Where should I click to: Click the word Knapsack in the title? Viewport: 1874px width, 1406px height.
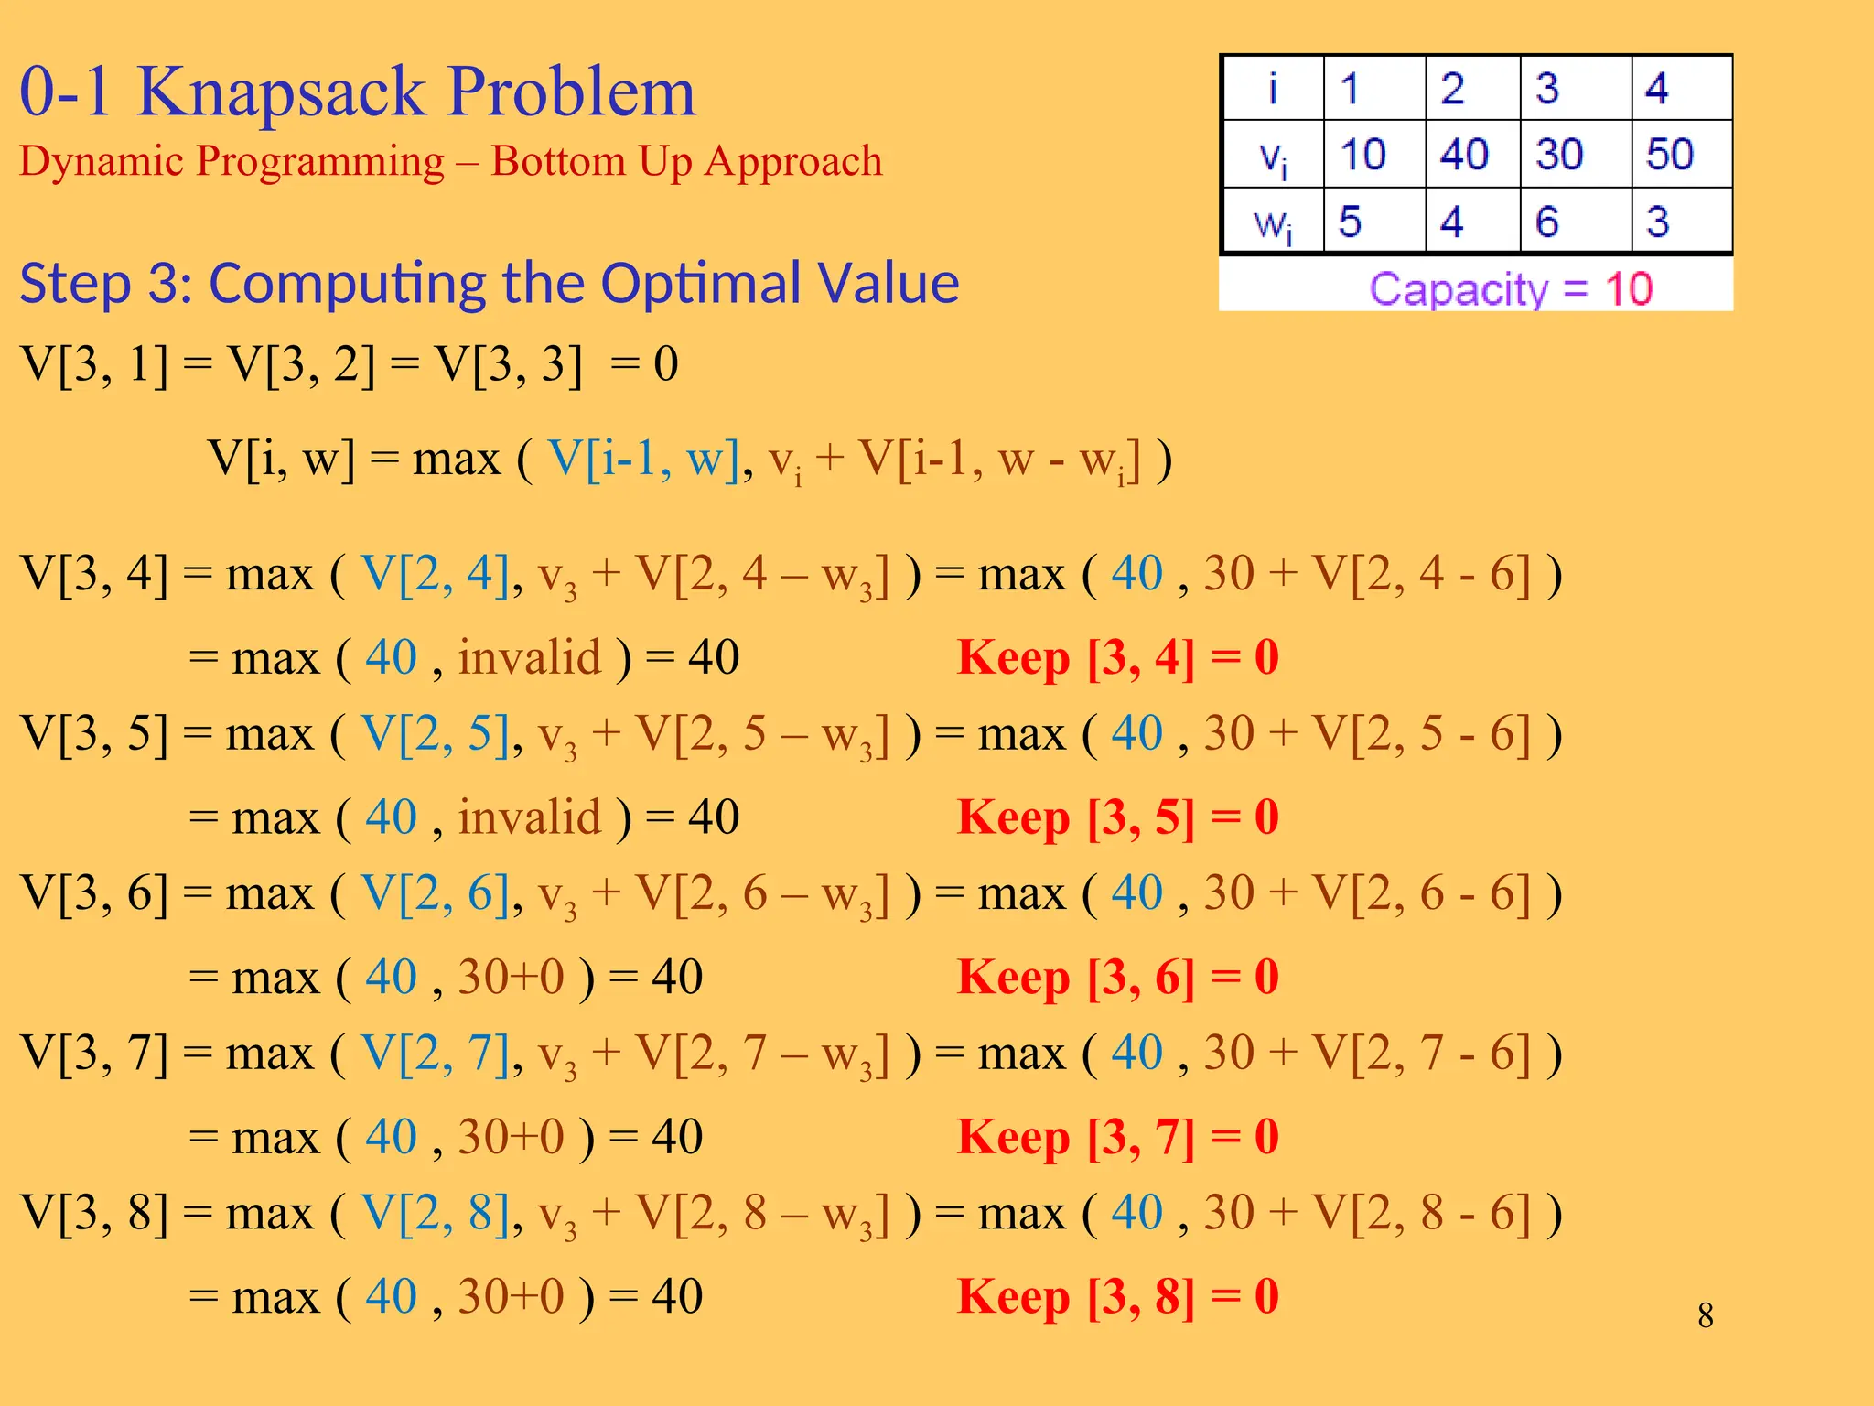point(283,92)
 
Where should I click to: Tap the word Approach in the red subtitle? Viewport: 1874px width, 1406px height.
point(793,161)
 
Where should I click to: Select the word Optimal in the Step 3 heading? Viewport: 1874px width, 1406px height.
point(699,283)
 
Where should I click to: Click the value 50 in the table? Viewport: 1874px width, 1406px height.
point(1669,154)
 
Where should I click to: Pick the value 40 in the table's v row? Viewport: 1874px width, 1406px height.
point(1463,154)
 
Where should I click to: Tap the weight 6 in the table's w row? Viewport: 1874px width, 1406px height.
point(1546,222)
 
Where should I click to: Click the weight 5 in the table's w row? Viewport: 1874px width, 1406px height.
point(1350,222)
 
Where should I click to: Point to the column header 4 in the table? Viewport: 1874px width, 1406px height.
point(1656,89)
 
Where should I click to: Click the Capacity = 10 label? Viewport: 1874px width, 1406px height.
point(1511,289)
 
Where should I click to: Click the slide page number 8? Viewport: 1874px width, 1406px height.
point(1706,1315)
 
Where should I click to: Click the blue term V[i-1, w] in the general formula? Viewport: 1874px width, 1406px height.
point(643,459)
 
